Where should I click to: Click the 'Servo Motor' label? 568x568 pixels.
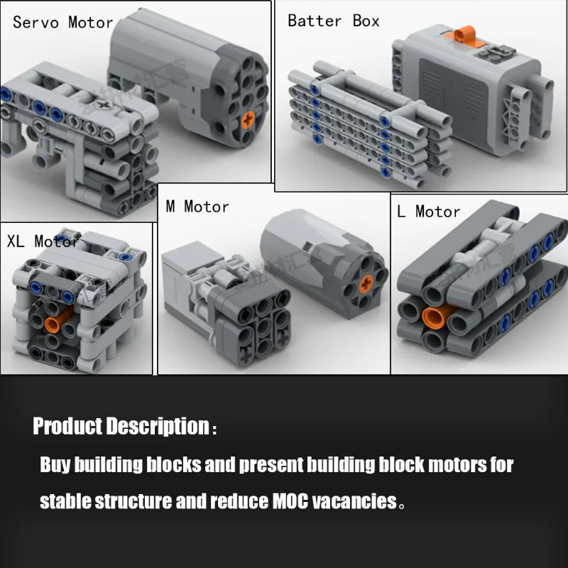pos(63,23)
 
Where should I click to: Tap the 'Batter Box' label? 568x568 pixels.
pos(333,21)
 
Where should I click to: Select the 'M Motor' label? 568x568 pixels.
pos(197,207)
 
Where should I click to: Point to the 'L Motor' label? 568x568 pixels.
pos(429,212)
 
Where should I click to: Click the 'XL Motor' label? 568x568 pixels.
pos(43,241)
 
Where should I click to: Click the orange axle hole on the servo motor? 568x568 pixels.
pos(248,120)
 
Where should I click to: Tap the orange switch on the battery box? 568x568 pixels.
pos(464,35)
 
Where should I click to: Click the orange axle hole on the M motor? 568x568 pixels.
pos(366,283)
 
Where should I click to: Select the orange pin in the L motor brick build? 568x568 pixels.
pos(435,317)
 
